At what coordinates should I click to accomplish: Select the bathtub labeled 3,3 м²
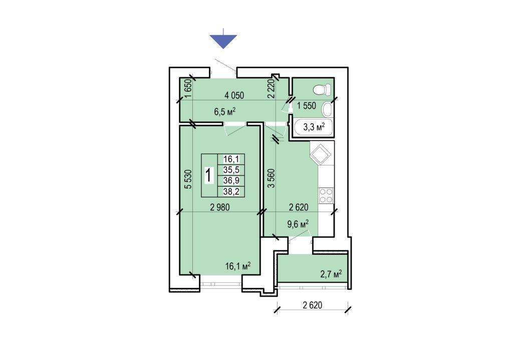click(x=314, y=127)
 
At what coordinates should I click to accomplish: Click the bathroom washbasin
click(x=327, y=109)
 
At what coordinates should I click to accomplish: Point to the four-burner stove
click(x=326, y=196)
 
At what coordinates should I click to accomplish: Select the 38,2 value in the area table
click(x=231, y=192)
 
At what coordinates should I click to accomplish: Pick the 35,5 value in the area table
click(x=231, y=169)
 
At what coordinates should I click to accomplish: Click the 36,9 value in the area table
click(x=231, y=181)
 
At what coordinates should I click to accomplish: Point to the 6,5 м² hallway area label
click(x=225, y=112)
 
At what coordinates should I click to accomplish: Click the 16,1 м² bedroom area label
click(x=238, y=266)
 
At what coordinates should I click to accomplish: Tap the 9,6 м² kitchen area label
click(x=298, y=225)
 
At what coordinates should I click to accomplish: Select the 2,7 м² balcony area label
click(x=331, y=274)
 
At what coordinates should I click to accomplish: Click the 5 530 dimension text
click(x=188, y=179)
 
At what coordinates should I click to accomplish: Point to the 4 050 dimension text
click(x=234, y=95)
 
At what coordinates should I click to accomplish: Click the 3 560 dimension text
click(x=271, y=178)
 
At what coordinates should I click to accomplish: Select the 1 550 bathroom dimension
click(x=307, y=105)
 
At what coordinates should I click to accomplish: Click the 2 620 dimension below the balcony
click(x=313, y=305)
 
